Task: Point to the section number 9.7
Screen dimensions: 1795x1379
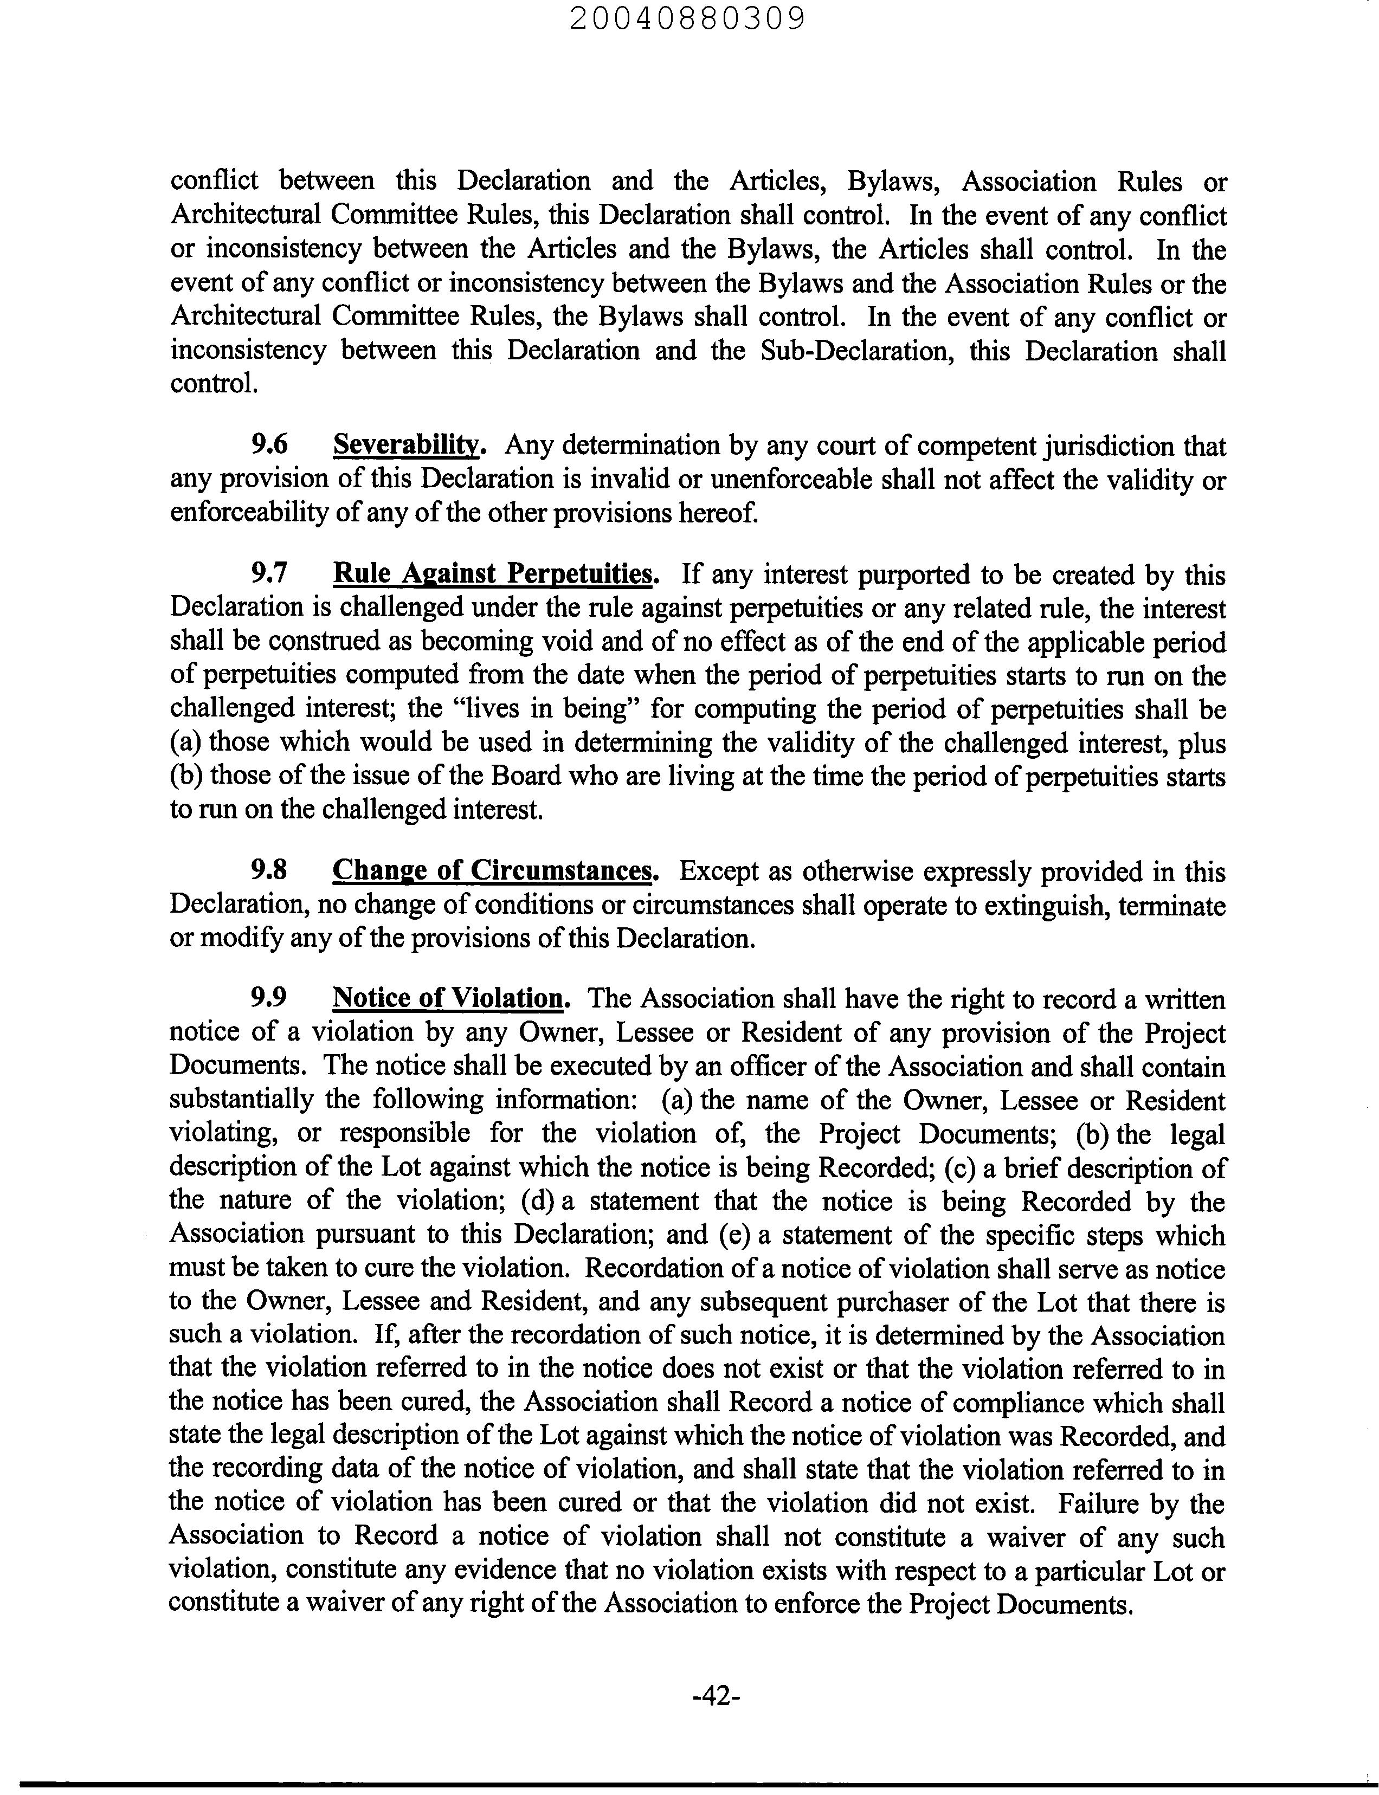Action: coord(269,574)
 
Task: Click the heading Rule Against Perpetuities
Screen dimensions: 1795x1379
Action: coord(495,574)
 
